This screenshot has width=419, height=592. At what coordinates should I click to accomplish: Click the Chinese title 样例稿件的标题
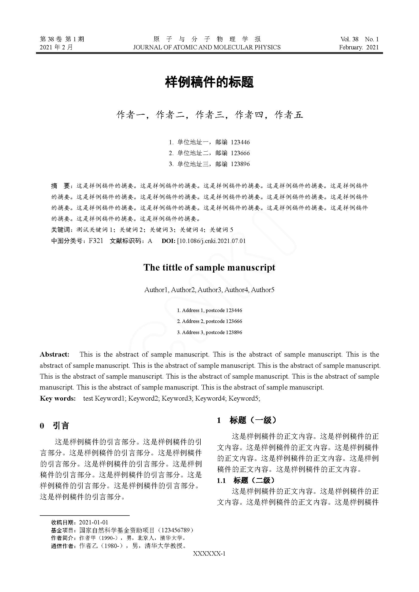209,82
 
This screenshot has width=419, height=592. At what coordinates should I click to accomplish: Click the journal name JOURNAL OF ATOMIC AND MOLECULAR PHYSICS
207,47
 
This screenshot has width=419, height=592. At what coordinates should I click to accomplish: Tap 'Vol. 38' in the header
349,39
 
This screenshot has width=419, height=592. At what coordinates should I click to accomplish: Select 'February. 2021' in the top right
359,47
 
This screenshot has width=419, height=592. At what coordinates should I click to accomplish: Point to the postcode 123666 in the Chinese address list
240,153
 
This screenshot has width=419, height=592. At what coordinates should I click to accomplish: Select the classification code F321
96,241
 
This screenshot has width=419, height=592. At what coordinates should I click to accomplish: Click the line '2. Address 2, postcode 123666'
209,321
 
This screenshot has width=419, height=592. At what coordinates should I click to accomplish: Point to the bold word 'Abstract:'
55,354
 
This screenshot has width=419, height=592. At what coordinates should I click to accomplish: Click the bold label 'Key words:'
58,398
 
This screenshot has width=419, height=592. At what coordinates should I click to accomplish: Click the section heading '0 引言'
54,426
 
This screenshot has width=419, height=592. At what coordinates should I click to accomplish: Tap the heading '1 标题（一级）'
246,420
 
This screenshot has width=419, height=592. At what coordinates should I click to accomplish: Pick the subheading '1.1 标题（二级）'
246,480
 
